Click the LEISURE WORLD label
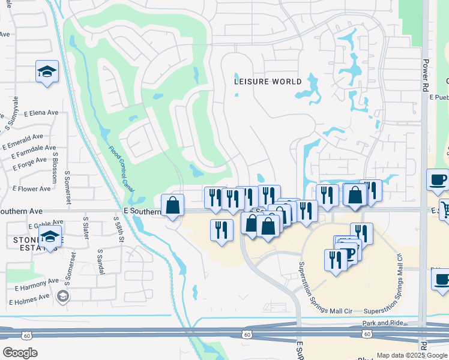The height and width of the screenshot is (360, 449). click(x=268, y=82)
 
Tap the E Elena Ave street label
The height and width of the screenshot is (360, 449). click(x=41, y=112)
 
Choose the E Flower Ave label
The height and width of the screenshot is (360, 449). click(x=34, y=189)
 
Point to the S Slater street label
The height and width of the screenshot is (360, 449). click(x=85, y=228)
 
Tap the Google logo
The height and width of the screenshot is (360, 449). click(x=20, y=352)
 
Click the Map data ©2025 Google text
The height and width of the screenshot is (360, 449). click(x=411, y=355)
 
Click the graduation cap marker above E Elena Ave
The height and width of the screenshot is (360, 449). click(x=47, y=72)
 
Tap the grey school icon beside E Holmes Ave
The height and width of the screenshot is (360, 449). click(x=62, y=296)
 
